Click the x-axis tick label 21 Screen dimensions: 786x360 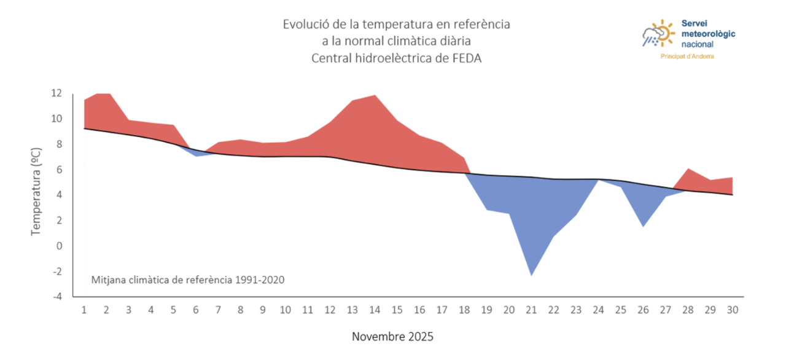coord(531,310)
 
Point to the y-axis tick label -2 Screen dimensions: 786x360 coord(57,272)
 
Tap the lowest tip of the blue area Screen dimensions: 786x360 coord(531,276)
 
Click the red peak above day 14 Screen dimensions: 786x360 coord(375,95)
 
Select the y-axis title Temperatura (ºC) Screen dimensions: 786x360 coord(36,192)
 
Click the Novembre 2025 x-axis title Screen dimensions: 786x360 coord(392,337)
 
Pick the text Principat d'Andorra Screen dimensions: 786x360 coord(687,57)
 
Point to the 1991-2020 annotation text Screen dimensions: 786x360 coord(260,280)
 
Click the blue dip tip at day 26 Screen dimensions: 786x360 coord(643,227)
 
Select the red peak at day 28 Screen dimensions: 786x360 coord(688,169)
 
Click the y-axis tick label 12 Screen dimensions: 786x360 coord(56,93)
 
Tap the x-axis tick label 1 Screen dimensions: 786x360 coord(84,310)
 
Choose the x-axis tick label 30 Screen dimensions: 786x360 coord(733,310)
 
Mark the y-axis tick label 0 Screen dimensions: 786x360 coord(60,246)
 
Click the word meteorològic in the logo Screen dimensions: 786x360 coord(709,34)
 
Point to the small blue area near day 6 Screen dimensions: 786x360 coord(196,152)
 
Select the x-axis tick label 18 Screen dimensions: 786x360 coord(464,310)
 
